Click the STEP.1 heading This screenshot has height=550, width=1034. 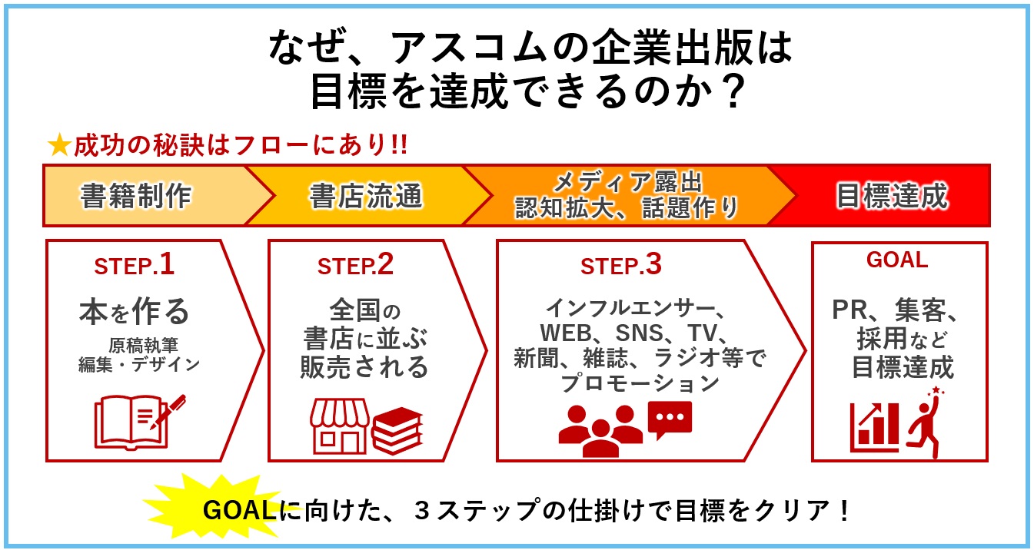[135, 265]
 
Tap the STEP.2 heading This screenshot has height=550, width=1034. [355, 265]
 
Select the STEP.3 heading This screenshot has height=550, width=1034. [621, 265]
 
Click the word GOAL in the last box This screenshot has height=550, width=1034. [897, 260]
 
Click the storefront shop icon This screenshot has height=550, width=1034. [341, 426]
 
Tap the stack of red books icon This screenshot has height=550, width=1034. [397, 430]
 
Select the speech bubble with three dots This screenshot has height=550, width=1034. [670, 419]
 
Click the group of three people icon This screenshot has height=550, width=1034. [600, 431]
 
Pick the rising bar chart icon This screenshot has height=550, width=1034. [874, 427]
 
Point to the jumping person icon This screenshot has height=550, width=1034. [925, 422]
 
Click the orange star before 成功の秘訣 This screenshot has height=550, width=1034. [59, 145]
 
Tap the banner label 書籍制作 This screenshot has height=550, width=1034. [136, 196]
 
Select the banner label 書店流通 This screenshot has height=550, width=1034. [366, 196]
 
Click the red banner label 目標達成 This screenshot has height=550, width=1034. [892, 196]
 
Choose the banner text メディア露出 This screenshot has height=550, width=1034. [627, 182]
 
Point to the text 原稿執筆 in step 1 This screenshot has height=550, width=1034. [144, 345]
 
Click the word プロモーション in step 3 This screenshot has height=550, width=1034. [640, 383]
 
